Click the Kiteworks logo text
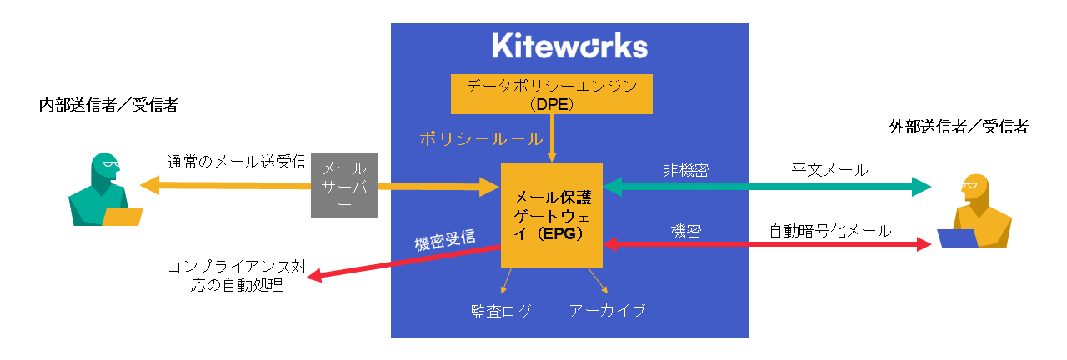point(569,47)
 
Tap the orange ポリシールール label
point(481,138)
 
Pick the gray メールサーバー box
point(344,186)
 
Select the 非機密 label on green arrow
point(685,170)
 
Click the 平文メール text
point(829,170)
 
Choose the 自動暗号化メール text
point(830,229)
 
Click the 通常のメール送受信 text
point(235,162)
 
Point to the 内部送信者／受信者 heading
point(108,105)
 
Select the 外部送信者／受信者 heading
point(958,127)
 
